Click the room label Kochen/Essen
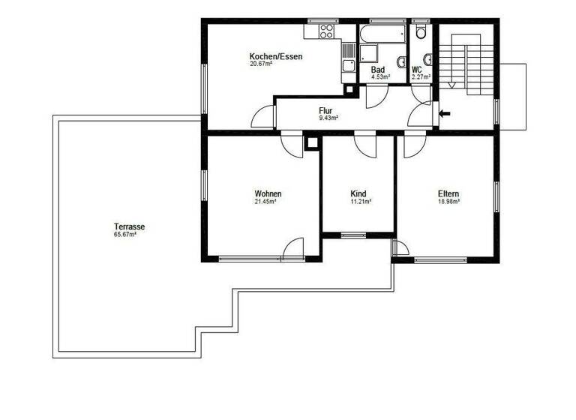click(x=275, y=56)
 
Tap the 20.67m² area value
click(x=261, y=64)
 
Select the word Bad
click(x=378, y=70)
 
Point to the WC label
click(x=417, y=70)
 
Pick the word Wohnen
click(x=267, y=193)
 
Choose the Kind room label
click(x=358, y=193)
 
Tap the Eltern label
click(x=448, y=193)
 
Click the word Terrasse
click(x=129, y=226)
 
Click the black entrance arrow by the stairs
click(x=445, y=114)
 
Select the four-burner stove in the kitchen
click(x=326, y=31)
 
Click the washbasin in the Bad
click(x=401, y=62)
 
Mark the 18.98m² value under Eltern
click(x=448, y=202)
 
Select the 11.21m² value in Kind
click(x=360, y=202)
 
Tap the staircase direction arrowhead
click(x=451, y=85)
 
